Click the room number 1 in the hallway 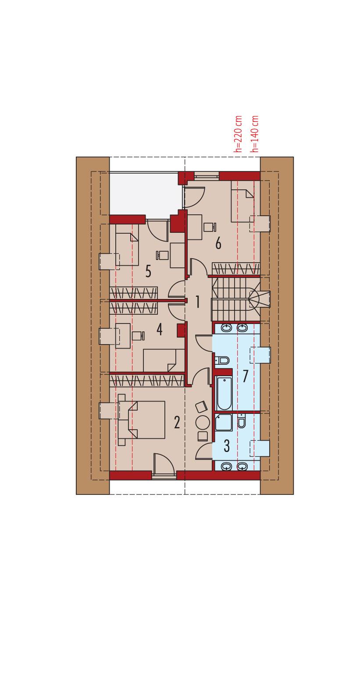coord(198,302)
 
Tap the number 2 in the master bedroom coord(177,422)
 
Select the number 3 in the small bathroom coord(227,446)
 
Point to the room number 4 coord(159,329)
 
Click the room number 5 coord(148,271)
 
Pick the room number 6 coord(218,243)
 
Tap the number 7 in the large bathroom coord(245,376)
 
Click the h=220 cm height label coord(239,134)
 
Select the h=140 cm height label coord(256,134)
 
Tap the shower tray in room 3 coord(224,422)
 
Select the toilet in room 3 coord(242,421)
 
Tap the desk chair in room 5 coord(162,255)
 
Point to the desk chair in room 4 coord(138,336)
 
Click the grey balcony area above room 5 coord(145,193)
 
